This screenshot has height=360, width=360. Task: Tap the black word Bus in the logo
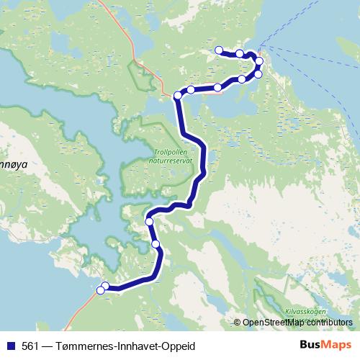click(311, 346)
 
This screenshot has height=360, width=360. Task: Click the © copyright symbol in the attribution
click(238, 323)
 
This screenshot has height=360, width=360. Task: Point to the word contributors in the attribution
click(328, 323)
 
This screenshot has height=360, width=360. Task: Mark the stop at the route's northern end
click(220, 50)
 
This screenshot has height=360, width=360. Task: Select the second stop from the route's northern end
click(240, 54)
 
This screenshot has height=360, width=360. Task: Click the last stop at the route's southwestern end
click(100, 289)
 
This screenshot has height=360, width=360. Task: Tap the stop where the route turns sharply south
click(178, 95)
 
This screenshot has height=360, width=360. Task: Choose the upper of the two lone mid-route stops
click(150, 222)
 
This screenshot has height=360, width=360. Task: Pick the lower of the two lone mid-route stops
click(156, 245)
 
